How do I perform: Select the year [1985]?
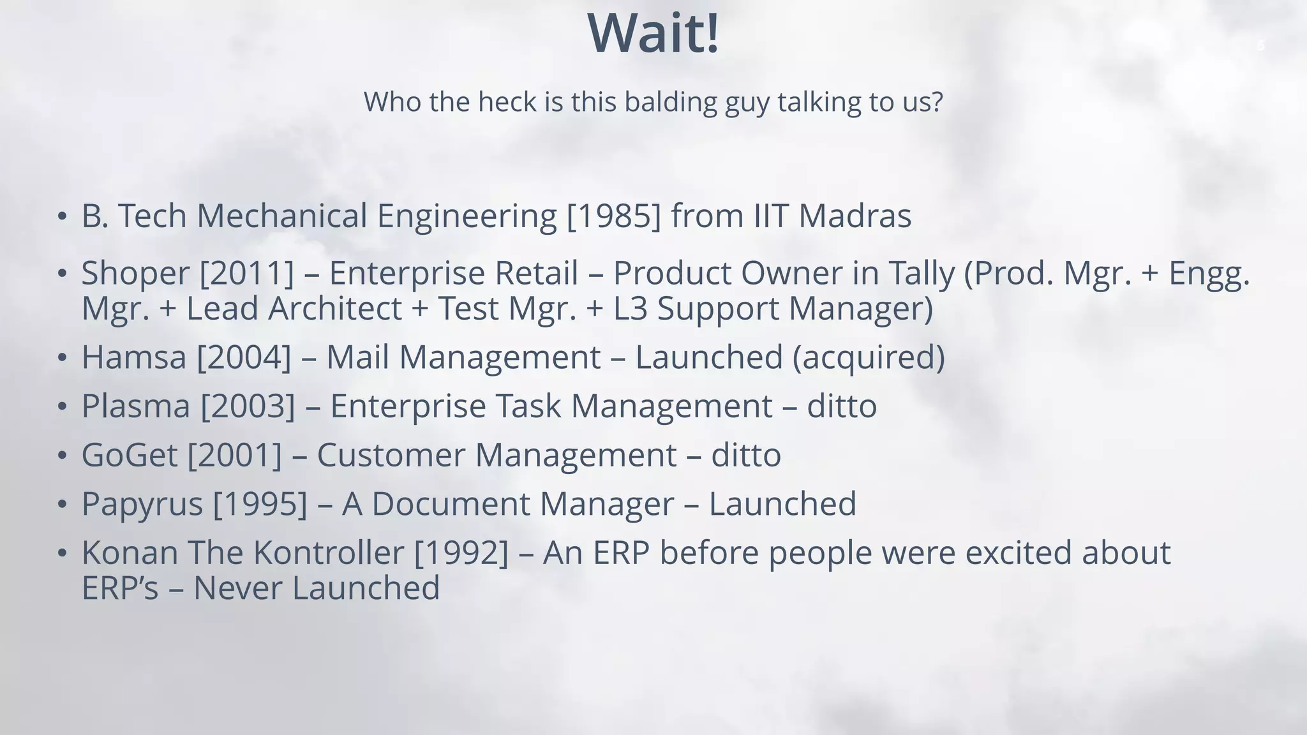pos(614,216)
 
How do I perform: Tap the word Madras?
pos(855,216)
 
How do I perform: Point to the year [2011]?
pos(247,273)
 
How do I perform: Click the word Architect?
pos(335,309)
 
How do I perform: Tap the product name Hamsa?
pos(134,357)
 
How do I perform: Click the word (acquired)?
pos(869,357)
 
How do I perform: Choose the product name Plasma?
pos(136,406)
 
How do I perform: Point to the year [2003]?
pos(248,406)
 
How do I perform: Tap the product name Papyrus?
pos(142,504)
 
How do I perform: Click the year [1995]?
pos(260,504)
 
